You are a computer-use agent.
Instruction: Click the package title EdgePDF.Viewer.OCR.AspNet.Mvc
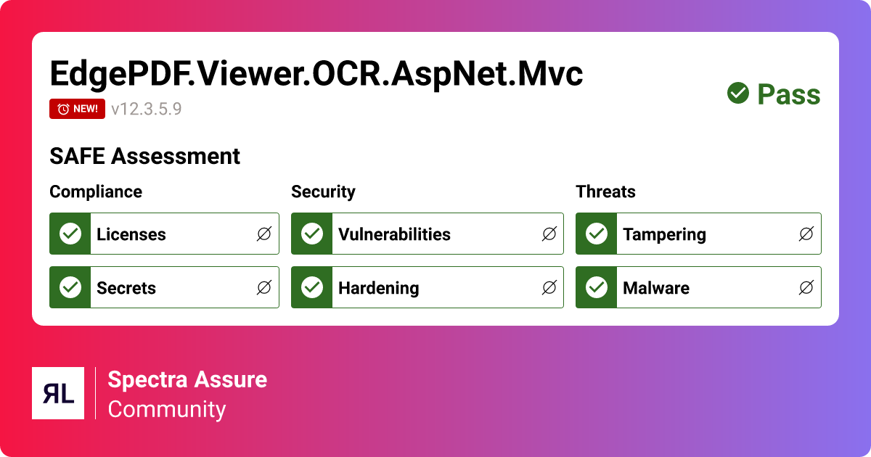pyautogui.click(x=316, y=74)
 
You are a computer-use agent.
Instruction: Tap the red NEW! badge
pyautogui.click(x=78, y=109)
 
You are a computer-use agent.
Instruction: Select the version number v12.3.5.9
pyautogui.click(x=146, y=110)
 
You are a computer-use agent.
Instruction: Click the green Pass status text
pyautogui.click(x=788, y=94)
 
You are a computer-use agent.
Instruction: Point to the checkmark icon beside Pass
pyautogui.click(x=738, y=93)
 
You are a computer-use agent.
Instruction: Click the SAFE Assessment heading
pyautogui.click(x=144, y=156)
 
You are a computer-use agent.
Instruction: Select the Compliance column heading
pyautogui.click(x=96, y=192)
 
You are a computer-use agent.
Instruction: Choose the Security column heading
pyautogui.click(x=323, y=192)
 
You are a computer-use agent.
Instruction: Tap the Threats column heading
pyautogui.click(x=605, y=192)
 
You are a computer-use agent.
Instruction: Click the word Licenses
pyautogui.click(x=131, y=234)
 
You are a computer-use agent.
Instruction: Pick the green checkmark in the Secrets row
pyautogui.click(x=70, y=287)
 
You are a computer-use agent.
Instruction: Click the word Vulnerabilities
pyautogui.click(x=394, y=234)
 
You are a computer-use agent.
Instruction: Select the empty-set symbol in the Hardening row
pyautogui.click(x=549, y=288)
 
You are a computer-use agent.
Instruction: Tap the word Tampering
pyautogui.click(x=664, y=234)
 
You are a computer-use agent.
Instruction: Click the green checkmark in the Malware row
pyautogui.click(x=596, y=287)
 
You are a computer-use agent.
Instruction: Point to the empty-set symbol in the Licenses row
pyautogui.click(x=264, y=234)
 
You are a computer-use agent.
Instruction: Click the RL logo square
pyautogui.click(x=58, y=393)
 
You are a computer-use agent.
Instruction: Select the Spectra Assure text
pyautogui.click(x=187, y=379)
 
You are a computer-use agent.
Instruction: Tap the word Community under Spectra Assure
pyautogui.click(x=167, y=409)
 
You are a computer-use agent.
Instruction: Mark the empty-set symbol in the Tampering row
pyautogui.click(x=806, y=234)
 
